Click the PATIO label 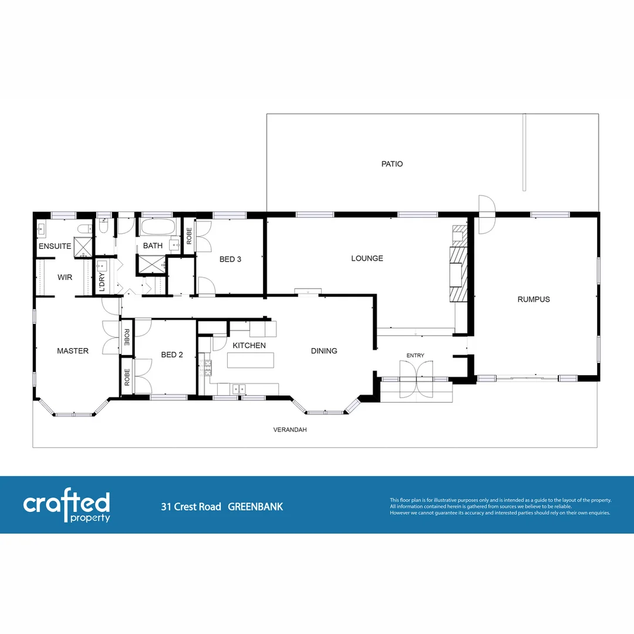(x=392, y=164)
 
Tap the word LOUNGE (x=367, y=258)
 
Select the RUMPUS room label (x=534, y=299)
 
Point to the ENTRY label (x=415, y=355)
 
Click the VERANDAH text (x=290, y=430)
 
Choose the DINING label (x=324, y=351)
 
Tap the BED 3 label (x=231, y=259)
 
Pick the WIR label (x=65, y=277)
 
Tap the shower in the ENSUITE (x=83, y=247)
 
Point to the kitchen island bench (x=251, y=360)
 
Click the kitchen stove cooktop (x=206, y=368)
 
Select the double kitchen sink (x=238, y=388)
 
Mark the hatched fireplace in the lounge (x=457, y=274)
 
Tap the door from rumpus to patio (x=487, y=214)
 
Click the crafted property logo (x=66, y=506)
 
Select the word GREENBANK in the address (x=255, y=507)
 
